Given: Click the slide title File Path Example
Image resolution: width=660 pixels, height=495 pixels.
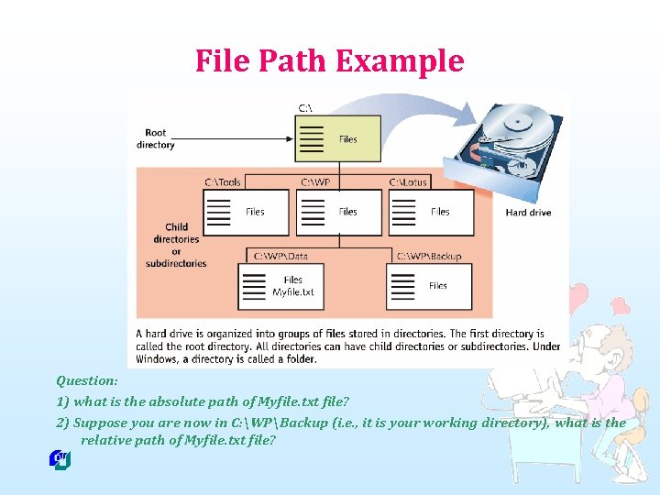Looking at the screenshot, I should [x=329, y=61].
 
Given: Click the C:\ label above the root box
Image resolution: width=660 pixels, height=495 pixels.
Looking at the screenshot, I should [x=305, y=107].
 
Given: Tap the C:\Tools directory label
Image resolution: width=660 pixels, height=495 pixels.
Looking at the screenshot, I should [x=223, y=181].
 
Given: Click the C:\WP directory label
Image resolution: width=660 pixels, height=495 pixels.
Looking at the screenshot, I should [x=315, y=181].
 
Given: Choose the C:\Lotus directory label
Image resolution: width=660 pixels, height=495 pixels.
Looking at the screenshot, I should [x=409, y=181].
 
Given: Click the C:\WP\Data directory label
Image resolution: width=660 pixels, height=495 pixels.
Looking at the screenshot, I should [x=280, y=256].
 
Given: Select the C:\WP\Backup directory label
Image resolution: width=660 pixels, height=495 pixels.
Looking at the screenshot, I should [x=429, y=256].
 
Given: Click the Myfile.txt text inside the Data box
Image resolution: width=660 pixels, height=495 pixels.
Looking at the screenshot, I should [x=293, y=292].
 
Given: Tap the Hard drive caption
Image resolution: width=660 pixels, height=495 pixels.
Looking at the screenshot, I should [x=529, y=213].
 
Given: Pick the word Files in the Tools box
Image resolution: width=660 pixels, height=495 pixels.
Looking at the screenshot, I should [x=255, y=212].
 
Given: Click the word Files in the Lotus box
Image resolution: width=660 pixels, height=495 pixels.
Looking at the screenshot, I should [x=440, y=212].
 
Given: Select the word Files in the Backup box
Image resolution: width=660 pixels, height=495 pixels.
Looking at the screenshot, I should [x=438, y=285].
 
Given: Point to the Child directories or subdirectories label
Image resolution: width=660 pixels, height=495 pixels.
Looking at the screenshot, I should [x=176, y=245].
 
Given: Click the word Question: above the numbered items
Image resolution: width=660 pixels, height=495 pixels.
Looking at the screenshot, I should [x=86, y=379].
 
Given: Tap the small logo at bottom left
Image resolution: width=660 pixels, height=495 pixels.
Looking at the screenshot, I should [x=60, y=459].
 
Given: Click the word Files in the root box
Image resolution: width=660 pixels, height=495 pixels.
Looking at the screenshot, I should [x=348, y=139].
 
